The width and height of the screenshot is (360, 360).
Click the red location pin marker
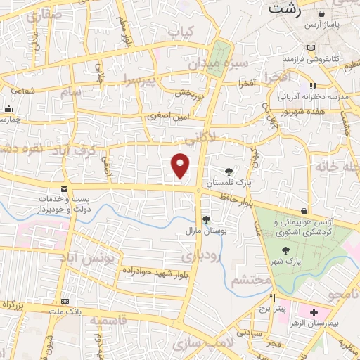(x=181, y=165)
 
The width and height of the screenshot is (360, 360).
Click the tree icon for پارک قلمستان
(x=229, y=171)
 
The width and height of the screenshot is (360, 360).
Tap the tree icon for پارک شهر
(x=285, y=250)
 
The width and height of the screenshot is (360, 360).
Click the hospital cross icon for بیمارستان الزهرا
(x=314, y=311)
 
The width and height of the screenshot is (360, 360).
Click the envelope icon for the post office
(x=65, y=190)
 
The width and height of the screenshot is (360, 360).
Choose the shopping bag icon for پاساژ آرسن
(x=321, y=13)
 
